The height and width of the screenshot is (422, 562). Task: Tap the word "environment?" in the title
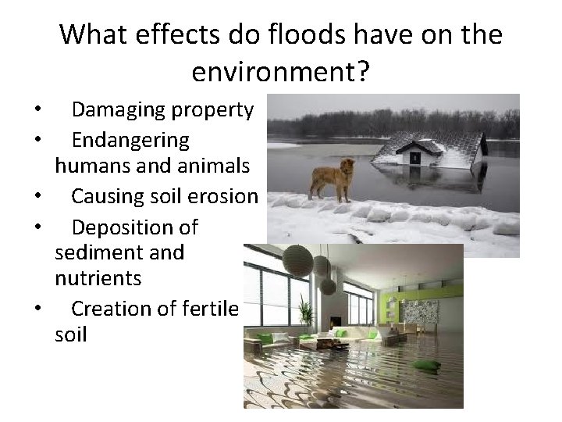(280, 73)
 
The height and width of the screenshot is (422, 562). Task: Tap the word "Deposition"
(125, 228)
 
